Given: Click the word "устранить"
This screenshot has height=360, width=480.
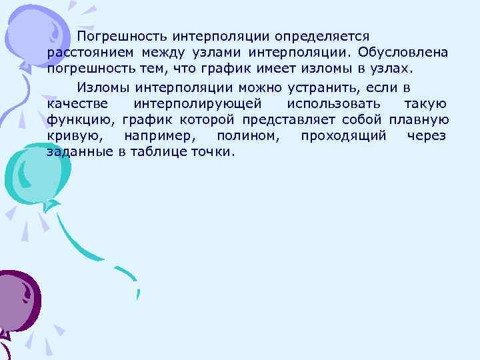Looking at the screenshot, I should [323, 87].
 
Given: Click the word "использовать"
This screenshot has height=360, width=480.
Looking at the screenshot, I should [335, 104].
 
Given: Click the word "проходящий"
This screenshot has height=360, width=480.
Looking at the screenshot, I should [343, 136].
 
